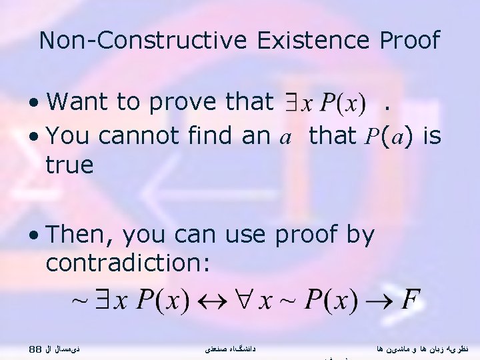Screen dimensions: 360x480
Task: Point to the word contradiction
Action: click(127, 263)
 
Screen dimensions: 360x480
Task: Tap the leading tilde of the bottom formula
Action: click(79, 301)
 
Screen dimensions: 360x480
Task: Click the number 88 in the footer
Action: click(37, 348)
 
